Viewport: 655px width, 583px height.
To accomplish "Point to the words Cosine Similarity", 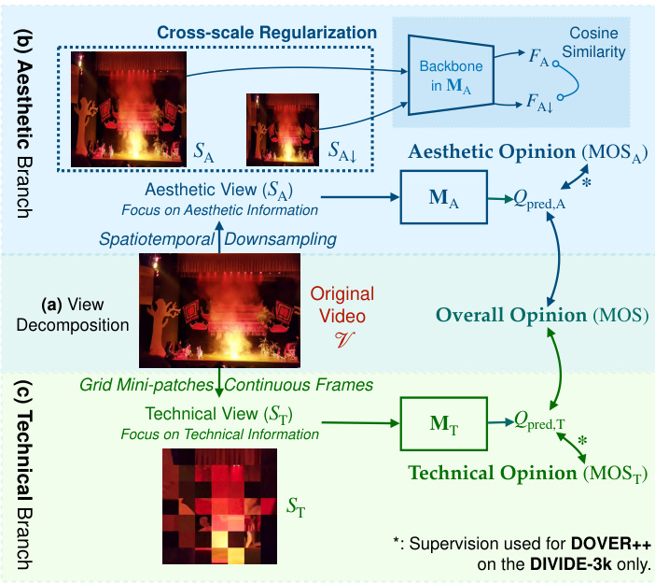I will pyautogui.click(x=593, y=43).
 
